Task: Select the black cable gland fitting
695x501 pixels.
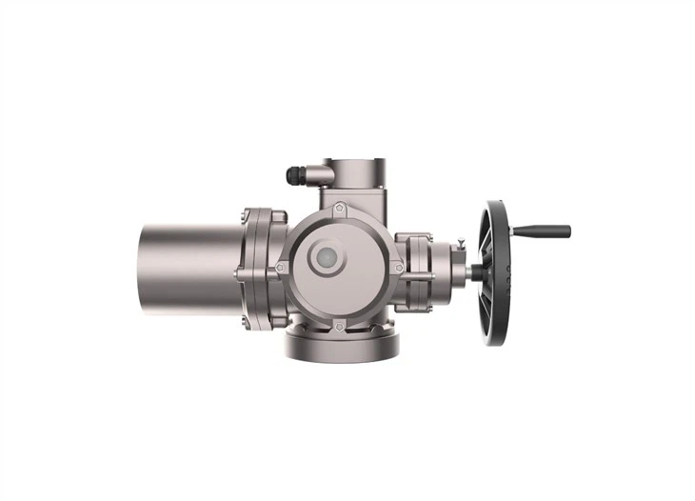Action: coord(295,175)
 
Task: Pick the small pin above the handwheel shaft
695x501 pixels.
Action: coord(460,244)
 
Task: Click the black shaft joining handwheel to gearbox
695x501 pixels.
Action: coord(473,271)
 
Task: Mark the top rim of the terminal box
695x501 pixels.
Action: coord(352,162)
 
